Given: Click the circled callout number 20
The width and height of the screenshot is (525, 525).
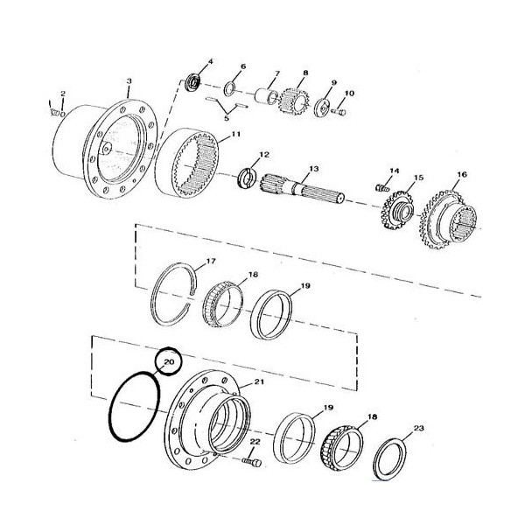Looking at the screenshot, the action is click(x=168, y=361).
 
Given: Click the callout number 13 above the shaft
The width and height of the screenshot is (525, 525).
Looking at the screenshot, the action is click(x=314, y=169).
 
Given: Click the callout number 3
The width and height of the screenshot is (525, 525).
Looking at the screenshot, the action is click(x=129, y=81).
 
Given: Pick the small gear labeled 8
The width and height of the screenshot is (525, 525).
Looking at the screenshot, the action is click(x=294, y=101).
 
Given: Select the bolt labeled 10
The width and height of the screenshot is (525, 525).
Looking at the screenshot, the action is click(x=339, y=113).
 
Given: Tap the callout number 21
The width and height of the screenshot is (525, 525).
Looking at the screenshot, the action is click(x=259, y=381).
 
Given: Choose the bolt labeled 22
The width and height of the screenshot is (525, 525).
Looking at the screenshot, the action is click(x=251, y=462).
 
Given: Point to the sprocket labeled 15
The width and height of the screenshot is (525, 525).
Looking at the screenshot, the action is click(x=398, y=210).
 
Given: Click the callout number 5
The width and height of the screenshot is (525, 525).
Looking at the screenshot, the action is click(x=227, y=118).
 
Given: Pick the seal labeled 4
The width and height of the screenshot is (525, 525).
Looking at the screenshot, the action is click(x=193, y=82).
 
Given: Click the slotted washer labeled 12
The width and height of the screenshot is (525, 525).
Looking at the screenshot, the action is click(x=248, y=178).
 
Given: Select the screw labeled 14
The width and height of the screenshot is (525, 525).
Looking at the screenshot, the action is click(x=382, y=188).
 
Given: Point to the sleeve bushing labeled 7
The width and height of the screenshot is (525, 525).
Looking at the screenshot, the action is click(x=266, y=96).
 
